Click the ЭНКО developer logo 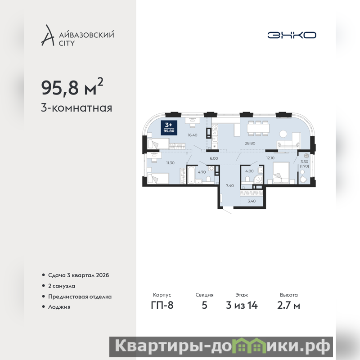pyautogui.click(x=292, y=35)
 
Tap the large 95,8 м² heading pyautogui.click(x=72, y=87)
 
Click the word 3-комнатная pyautogui.click(x=76, y=108)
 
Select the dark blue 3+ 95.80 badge pyautogui.click(x=169, y=128)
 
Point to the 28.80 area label pyautogui.click(x=250, y=143)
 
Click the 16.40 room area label pyautogui.click(x=193, y=135)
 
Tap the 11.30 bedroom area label pyautogui.click(x=170, y=163)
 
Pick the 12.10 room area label pyautogui.click(x=270, y=158)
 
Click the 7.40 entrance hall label pyautogui.click(x=229, y=185)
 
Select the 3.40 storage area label pyautogui.click(x=252, y=201)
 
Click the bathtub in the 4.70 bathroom pyautogui.click(x=191, y=175)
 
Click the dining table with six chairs pyautogui.click(x=258, y=128)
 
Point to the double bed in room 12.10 pyautogui.click(x=281, y=172)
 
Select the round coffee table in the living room pyautogui.click(x=283, y=134)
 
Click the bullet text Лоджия pyautogui.click(x=59, y=307)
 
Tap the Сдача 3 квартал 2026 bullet pyautogui.click(x=78, y=275)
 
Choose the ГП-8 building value pyautogui.click(x=162, y=306)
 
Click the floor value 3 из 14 pyautogui.click(x=242, y=306)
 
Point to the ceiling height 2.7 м pyautogui.click(x=288, y=306)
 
